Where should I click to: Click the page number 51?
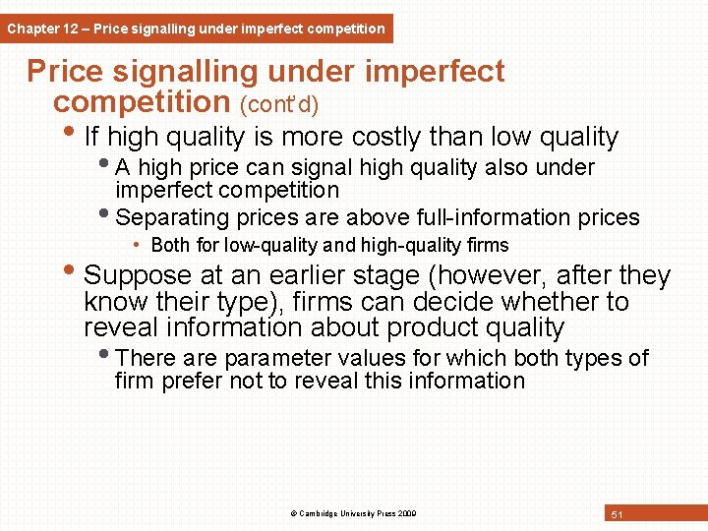click(618, 514)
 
